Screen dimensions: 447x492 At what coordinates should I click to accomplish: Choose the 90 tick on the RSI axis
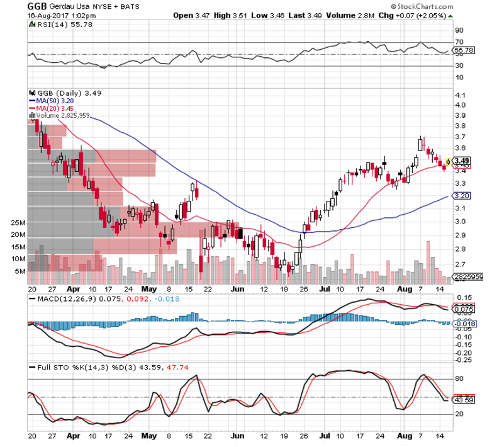pos(459,30)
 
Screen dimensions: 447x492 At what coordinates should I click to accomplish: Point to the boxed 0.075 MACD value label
pos(464,309)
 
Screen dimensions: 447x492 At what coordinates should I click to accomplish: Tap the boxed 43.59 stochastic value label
pos(464,400)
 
